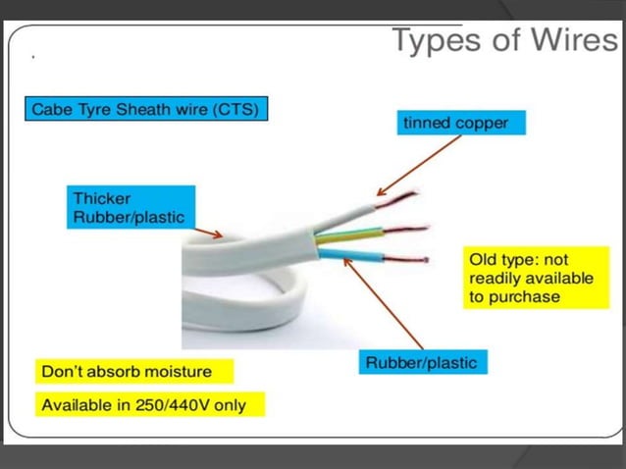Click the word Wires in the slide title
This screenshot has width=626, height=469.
pyautogui.click(x=565, y=40)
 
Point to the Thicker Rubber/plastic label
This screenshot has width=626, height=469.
pyautogui.click(x=130, y=207)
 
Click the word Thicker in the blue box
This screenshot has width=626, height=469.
pyautogui.click(x=103, y=198)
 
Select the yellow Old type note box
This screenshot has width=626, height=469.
pyautogui.click(x=530, y=279)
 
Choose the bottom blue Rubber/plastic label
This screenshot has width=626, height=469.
pyautogui.click(x=421, y=363)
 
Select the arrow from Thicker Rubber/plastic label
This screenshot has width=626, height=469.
pyautogui.click(x=209, y=233)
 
